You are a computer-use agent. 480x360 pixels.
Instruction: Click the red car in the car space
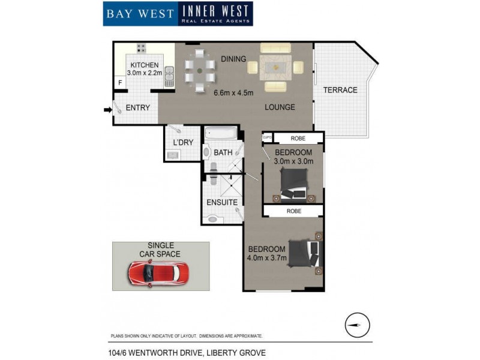(x=158, y=275)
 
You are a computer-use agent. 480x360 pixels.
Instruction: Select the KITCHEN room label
(x=145, y=65)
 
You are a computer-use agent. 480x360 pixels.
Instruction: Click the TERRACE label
(x=340, y=90)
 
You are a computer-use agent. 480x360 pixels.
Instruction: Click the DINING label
(x=233, y=59)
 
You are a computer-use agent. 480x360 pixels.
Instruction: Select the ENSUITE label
(x=222, y=202)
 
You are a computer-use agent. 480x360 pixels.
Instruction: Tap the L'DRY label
(x=182, y=142)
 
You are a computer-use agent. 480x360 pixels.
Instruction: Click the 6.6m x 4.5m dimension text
(x=234, y=92)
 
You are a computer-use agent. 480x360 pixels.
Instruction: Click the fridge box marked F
(x=120, y=82)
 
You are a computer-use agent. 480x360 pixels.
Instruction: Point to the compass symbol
(x=358, y=325)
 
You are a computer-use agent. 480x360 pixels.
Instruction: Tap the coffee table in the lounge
(x=276, y=67)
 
